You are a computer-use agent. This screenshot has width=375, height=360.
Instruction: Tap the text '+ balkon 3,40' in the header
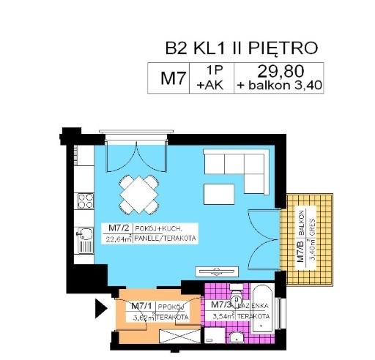pyautogui.click(x=279, y=85)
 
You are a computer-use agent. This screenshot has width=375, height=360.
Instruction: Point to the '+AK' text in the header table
pyautogui.click(x=212, y=85)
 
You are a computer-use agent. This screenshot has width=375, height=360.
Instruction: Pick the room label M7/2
pyautogui.click(x=117, y=228)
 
